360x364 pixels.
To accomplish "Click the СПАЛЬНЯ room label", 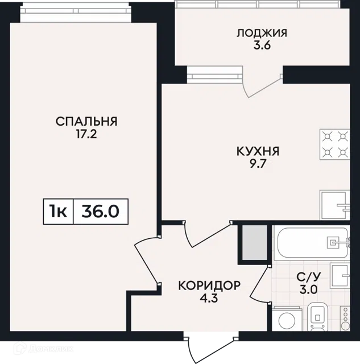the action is [x=86, y=122].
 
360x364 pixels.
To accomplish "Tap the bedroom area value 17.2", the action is [x=86, y=134].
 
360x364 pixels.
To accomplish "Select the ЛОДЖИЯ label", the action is [x=262, y=33].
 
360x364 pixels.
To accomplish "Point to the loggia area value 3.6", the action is [x=262, y=45].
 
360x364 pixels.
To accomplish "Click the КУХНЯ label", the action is [x=258, y=151].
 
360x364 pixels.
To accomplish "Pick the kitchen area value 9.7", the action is [x=257, y=164].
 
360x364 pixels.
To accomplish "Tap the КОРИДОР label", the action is [x=209, y=286].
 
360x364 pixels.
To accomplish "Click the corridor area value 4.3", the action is [x=209, y=298].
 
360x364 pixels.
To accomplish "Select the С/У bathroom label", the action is [x=309, y=277].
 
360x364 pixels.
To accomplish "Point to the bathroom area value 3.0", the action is [x=309, y=289].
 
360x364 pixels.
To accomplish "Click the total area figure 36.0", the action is [x=101, y=212].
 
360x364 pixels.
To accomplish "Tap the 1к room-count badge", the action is [x=58, y=212].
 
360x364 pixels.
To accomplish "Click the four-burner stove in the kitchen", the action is [x=335, y=144].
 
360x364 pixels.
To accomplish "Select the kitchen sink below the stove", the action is [x=335, y=205].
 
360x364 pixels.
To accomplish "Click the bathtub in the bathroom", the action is [x=311, y=243].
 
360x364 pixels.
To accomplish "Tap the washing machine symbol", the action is [x=287, y=319].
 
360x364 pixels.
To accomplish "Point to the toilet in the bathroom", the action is [x=317, y=317].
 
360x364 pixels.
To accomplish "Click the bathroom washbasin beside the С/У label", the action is [x=340, y=275].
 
